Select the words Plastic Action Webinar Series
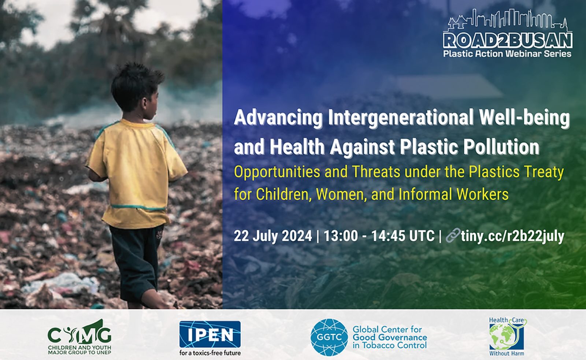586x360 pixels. click(x=507, y=53)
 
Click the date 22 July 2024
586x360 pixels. click(x=273, y=236)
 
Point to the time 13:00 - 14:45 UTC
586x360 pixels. click(x=379, y=236)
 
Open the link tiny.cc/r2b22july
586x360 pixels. click(x=512, y=237)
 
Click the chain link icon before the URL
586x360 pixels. click(x=453, y=236)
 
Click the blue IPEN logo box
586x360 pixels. click(x=210, y=334)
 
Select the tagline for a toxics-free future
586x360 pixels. click(x=210, y=353)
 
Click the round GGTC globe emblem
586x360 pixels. click(x=329, y=337)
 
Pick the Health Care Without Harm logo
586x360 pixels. click(x=508, y=337)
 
